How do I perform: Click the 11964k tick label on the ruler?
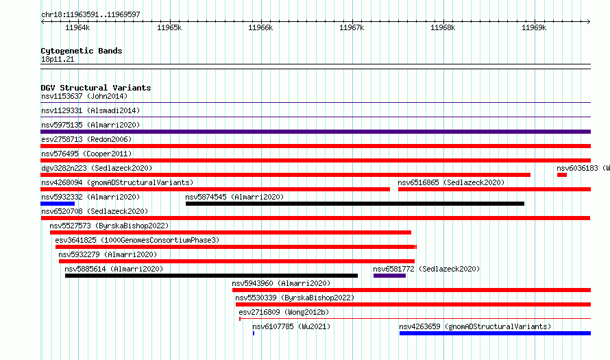click(77, 27)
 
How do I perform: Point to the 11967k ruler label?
click(352, 27)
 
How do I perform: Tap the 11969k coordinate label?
click(534, 27)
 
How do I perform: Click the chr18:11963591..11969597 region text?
click(90, 15)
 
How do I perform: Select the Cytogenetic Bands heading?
click(82, 51)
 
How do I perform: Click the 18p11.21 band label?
click(58, 59)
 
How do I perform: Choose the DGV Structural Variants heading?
click(96, 88)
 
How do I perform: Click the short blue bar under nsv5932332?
click(58, 204)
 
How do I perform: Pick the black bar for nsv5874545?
click(355, 204)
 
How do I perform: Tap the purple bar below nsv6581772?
click(389, 276)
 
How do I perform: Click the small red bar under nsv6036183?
click(562, 175)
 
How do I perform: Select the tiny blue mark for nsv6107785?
click(254, 333)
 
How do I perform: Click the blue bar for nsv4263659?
click(495, 333)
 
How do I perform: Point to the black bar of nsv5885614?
click(211, 276)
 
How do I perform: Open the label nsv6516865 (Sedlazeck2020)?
click(451, 182)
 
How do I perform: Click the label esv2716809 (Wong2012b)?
click(284, 312)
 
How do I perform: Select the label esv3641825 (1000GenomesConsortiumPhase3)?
click(137, 240)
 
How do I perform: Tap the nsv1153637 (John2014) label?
click(84, 96)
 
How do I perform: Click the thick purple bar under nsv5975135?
click(315, 132)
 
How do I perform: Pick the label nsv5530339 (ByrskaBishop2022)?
click(295, 298)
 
